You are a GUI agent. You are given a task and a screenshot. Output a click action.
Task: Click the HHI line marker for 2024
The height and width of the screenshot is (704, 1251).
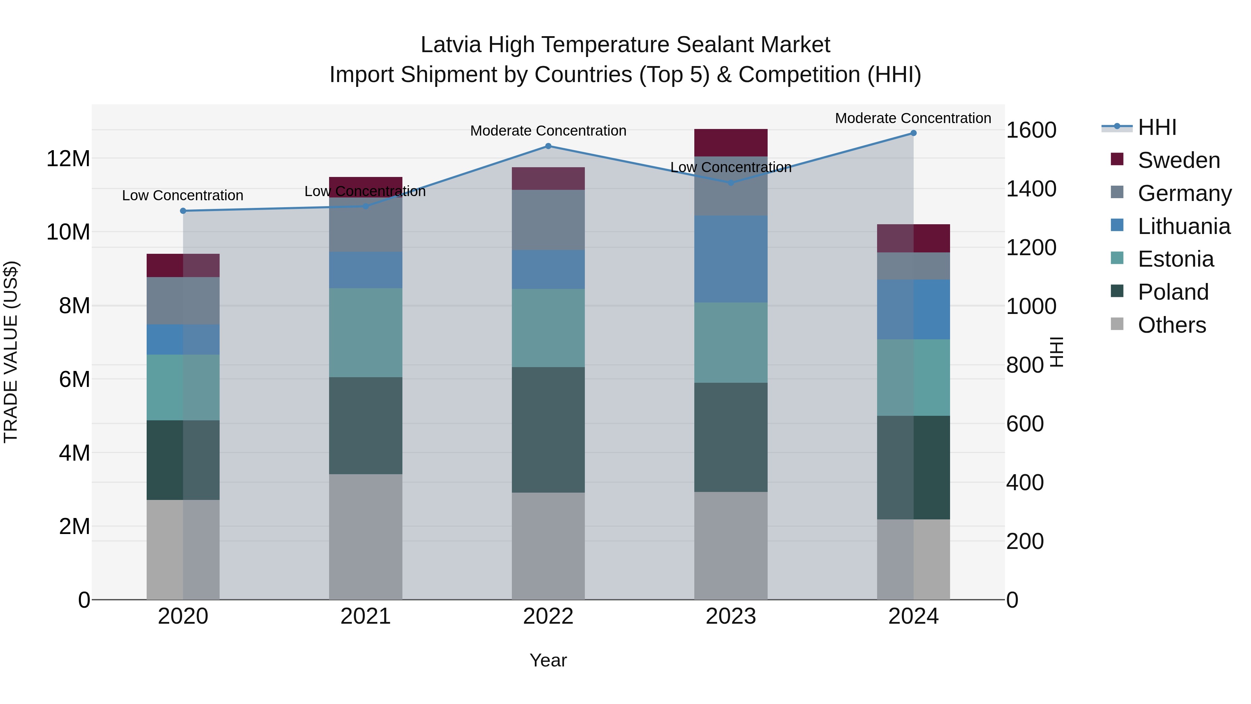click(x=913, y=133)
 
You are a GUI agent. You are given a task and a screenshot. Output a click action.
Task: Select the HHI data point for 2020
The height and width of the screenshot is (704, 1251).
click(x=183, y=211)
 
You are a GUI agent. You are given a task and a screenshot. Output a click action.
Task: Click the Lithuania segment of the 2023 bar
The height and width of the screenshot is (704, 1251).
click(x=730, y=259)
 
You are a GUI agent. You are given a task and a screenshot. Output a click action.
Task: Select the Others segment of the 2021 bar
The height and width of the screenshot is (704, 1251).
click(x=365, y=536)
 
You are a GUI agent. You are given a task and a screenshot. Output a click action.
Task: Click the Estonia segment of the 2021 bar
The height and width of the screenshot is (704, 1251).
click(x=365, y=332)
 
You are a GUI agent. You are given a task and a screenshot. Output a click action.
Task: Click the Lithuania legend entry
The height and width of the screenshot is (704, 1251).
click(x=1184, y=226)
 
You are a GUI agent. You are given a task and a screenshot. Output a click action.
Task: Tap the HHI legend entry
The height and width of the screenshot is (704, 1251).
click(x=1157, y=127)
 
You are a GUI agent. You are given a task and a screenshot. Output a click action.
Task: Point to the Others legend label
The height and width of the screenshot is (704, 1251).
click(x=1171, y=325)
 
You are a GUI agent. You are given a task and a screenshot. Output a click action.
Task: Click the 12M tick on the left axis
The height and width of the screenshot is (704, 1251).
click(x=68, y=159)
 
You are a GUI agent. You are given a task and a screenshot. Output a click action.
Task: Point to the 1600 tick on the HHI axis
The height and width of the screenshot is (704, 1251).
click(x=1031, y=130)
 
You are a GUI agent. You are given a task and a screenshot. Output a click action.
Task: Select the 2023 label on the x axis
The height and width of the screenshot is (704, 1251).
click(x=730, y=616)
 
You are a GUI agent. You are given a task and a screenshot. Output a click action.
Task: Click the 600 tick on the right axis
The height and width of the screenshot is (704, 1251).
click(x=1025, y=424)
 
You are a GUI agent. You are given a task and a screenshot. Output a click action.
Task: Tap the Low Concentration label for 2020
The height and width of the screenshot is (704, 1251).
click(x=182, y=195)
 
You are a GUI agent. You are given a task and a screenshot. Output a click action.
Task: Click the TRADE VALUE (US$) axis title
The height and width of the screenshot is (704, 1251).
click(x=11, y=352)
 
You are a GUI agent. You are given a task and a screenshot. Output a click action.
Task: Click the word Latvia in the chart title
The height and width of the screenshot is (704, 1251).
click(x=451, y=45)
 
